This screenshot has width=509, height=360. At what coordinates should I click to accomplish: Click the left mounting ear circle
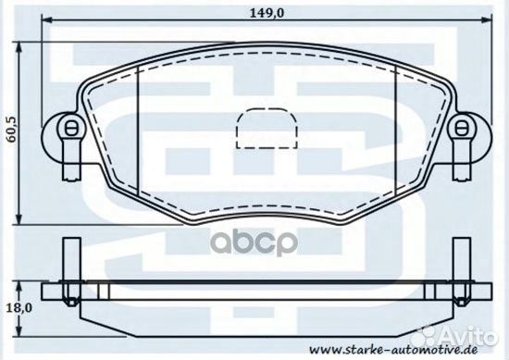[65, 128]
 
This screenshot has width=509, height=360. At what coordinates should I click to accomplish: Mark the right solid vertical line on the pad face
[396, 139]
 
